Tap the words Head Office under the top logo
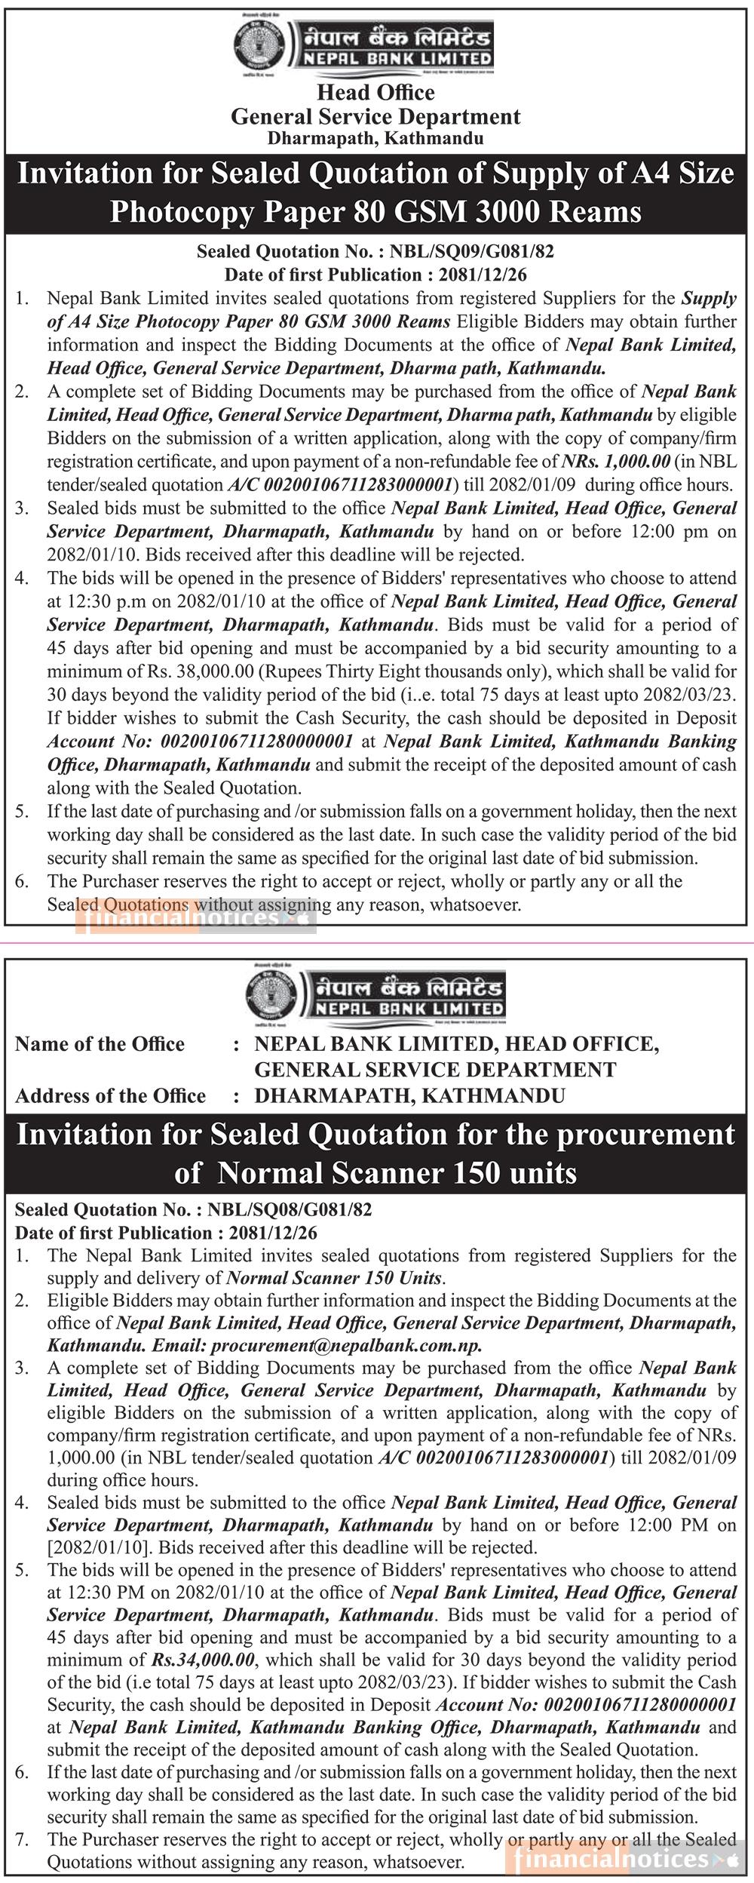tap(375, 93)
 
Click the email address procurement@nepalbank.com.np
tap(346, 1345)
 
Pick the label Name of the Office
tap(100, 1044)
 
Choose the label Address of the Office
tap(110, 1096)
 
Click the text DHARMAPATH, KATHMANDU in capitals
tap(409, 1096)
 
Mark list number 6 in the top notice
tap(22, 882)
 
